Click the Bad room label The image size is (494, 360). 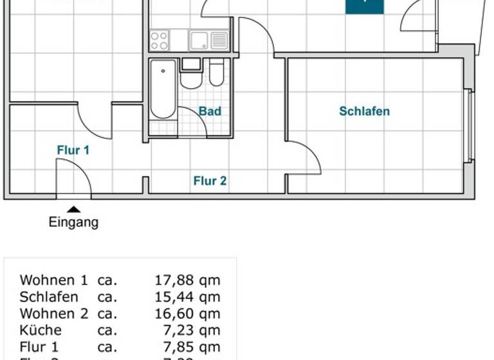(x=210, y=111)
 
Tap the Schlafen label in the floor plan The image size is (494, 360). (x=364, y=111)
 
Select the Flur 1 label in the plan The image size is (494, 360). (x=73, y=150)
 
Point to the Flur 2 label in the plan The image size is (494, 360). (x=210, y=181)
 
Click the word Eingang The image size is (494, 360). (x=74, y=223)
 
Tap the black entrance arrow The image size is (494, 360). (x=74, y=209)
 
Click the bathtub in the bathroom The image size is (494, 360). (x=163, y=89)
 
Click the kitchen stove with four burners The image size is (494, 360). (x=159, y=40)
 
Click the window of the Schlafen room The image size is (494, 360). (x=470, y=125)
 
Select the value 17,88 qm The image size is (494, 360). (x=187, y=280)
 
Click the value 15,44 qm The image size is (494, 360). (x=187, y=297)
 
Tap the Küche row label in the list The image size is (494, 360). (x=41, y=330)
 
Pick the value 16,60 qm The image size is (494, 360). (x=187, y=314)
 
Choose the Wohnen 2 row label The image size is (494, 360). (x=54, y=314)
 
